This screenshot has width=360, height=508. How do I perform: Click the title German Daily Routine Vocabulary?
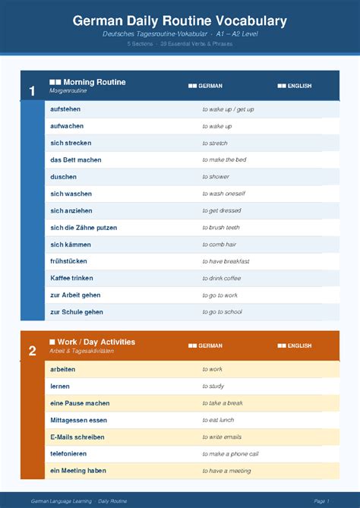pos(180,21)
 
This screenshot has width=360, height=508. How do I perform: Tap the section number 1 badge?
pos(32,91)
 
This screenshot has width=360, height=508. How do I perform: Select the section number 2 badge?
pos(32,351)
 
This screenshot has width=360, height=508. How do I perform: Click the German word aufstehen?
pos(67,109)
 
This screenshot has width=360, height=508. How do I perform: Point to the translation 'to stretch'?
pos(215,143)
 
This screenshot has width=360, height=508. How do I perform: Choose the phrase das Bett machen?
pos(76,160)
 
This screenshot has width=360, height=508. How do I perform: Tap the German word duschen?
pos(63,177)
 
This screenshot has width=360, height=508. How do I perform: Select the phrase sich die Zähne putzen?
pos(84,228)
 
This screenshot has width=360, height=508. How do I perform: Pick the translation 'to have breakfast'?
pos(226,261)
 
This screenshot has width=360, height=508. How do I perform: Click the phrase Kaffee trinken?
pos(71,278)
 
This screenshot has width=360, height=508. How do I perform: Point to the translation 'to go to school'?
pos(222,312)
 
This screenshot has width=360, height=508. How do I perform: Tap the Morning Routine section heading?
pos(94,82)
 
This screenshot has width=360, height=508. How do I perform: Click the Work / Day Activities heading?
pos(96,342)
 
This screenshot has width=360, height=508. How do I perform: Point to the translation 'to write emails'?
pos(222,437)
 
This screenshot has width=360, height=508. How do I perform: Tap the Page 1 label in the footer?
pos(321,501)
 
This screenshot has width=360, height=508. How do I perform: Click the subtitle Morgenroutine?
pos(68,90)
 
